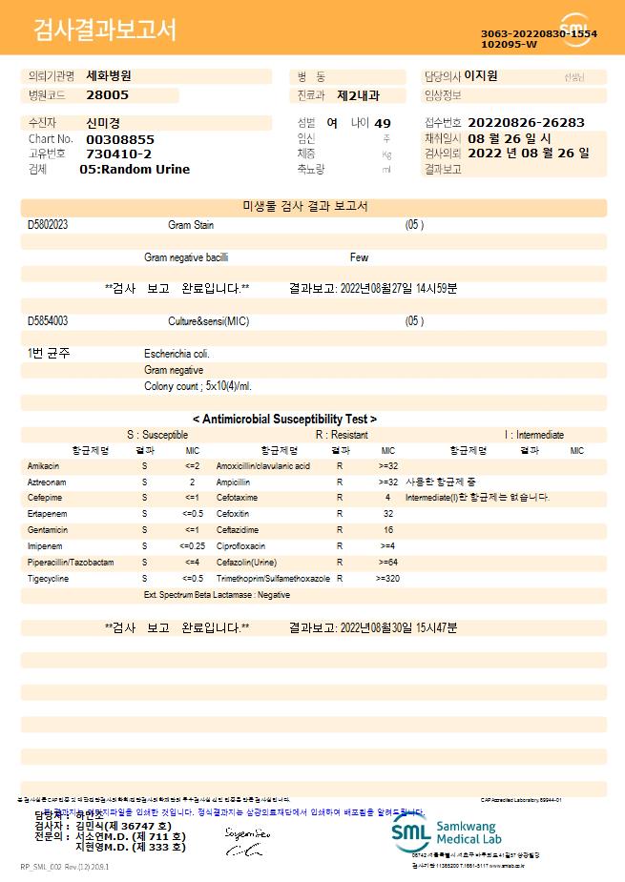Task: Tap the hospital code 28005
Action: [x=107, y=95]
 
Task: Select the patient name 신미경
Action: [x=104, y=123]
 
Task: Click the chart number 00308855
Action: [x=120, y=139]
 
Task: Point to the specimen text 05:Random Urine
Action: [x=135, y=170]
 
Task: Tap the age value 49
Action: [x=383, y=124]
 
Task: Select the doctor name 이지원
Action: [x=481, y=76]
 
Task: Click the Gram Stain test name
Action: [x=191, y=225]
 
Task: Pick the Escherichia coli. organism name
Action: [x=177, y=354]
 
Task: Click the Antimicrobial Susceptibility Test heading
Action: [x=284, y=419]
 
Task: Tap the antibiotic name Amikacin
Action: [x=43, y=466]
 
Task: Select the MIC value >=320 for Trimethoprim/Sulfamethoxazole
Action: [x=387, y=578]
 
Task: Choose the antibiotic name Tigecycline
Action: [x=48, y=578]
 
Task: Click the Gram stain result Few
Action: [x=359, y=257]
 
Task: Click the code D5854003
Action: [x=48, y=321]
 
